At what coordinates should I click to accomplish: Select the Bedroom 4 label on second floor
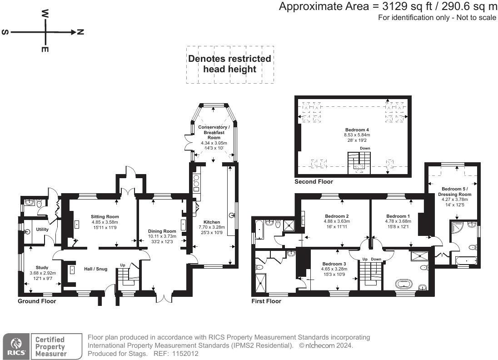[357, 130]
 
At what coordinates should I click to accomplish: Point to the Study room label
[42, 267]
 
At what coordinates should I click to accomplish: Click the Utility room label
[42, 230]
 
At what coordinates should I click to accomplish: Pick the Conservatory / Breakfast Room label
[214, 132]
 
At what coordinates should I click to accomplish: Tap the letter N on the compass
[80, 32]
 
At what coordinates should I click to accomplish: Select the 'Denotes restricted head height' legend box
[229, 64]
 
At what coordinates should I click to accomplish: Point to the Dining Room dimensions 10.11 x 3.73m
[162, 236]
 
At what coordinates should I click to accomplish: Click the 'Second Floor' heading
[314, 182]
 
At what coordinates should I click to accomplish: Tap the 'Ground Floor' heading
[37, 301]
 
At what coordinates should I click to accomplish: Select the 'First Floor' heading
[266, 301]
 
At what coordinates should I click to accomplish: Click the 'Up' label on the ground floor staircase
[123, 265]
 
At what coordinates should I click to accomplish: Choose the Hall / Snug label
[95, 269]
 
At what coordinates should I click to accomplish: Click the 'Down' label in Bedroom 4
[365, 148]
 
